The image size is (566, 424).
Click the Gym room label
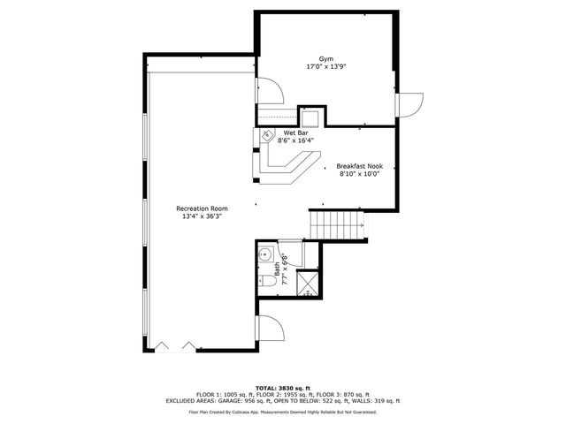326,58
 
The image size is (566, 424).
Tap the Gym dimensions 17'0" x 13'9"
326,66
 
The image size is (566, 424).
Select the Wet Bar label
295,132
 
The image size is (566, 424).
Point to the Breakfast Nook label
358,166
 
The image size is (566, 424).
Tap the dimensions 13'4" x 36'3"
202,216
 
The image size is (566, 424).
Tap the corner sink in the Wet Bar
266,136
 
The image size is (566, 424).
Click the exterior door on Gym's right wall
409,105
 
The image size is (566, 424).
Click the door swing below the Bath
269,329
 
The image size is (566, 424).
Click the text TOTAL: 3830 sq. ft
283,388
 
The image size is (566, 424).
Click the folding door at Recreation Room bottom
172,343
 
